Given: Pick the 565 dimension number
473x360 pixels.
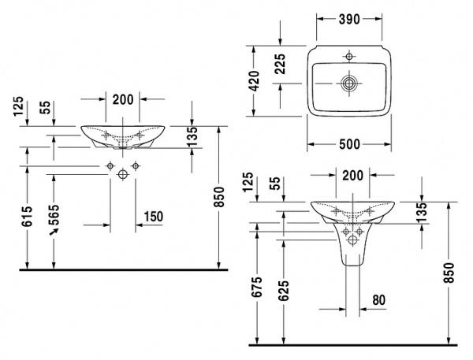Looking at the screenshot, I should click(54, 221).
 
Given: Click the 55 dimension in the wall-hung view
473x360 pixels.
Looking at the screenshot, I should click(54, 108).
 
